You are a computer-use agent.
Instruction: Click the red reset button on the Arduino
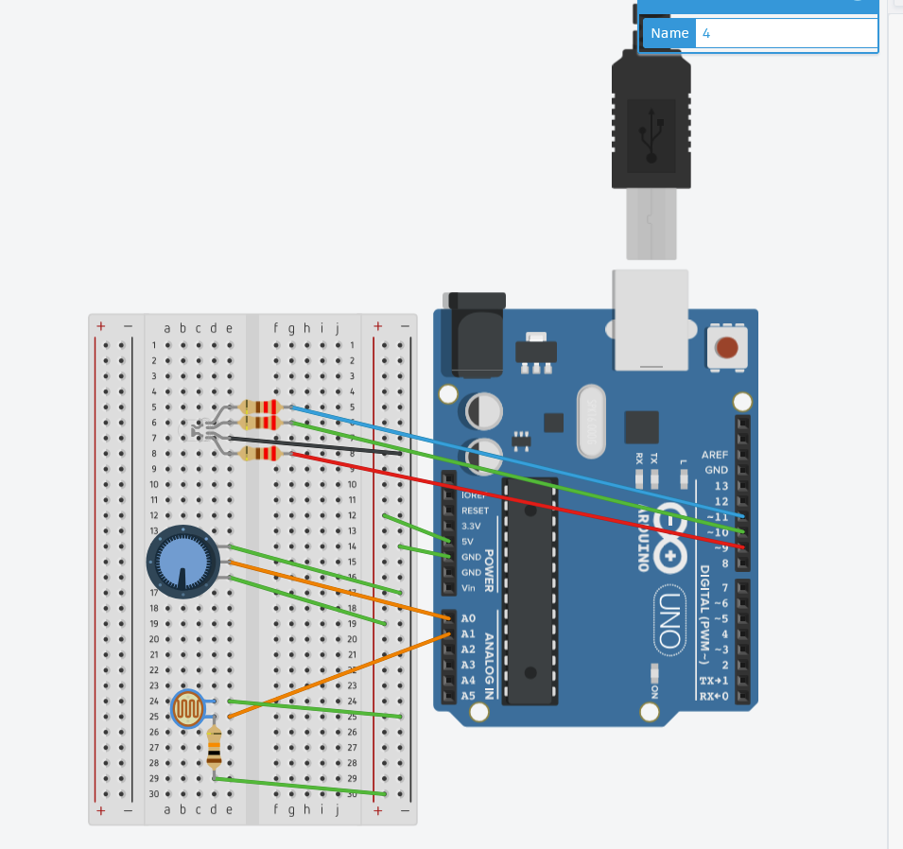click(726, 347)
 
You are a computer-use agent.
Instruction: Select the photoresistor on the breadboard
click(188, 708)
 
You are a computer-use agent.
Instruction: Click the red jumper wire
click(520, 501)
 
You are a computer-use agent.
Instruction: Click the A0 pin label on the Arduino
click(468, 618)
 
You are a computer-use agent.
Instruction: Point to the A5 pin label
click(468, 696)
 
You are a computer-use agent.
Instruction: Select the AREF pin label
click(715, 455)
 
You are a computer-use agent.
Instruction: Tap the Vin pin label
click(468, 588)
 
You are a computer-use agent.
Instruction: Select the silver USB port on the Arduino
click(651, 320)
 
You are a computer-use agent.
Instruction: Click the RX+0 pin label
click(714, 697)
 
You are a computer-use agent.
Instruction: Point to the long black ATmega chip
click(530, 591)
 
